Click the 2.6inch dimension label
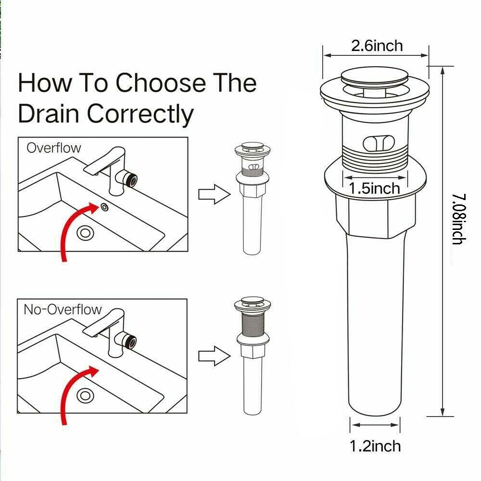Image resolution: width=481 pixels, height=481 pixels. tap(377, 46)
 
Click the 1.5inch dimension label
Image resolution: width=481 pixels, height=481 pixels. tap(375, 188)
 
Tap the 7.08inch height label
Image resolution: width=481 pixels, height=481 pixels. tap(457, 219)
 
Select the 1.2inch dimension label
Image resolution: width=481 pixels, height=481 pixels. tap(375, 446)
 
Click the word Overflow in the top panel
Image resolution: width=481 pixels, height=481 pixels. tap(54, 148)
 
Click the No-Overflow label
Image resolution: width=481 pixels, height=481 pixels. tap(63, 309)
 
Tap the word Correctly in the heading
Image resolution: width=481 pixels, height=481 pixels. tap(140, 114)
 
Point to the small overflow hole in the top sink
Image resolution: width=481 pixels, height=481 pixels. tap(104, 207)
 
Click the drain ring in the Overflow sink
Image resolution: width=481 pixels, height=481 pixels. tap(86, 233)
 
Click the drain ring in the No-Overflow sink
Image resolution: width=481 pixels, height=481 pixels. tap(86, 395)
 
